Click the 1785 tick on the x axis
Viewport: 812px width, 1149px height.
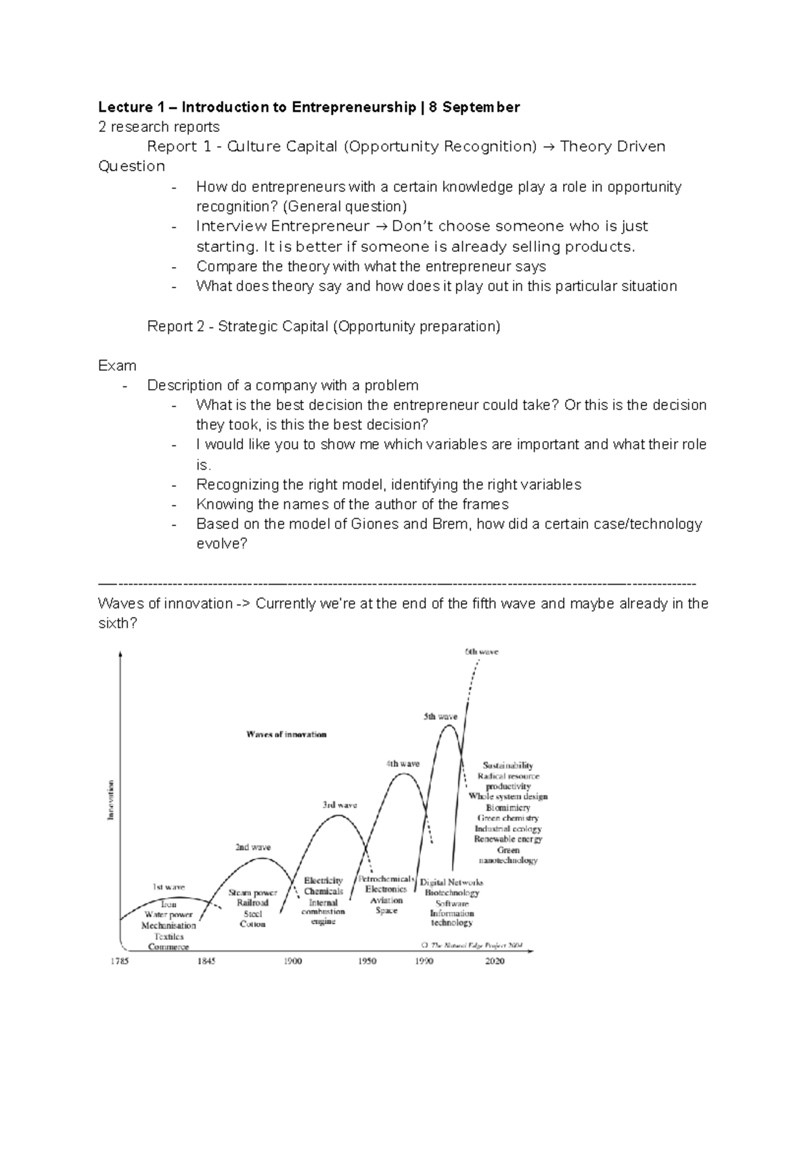pyautogui.click(x=120, y=961)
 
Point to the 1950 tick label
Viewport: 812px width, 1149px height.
pyautogui.click(x=367, y=961)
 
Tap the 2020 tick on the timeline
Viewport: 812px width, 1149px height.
pyautogui.click(x=495, y=961)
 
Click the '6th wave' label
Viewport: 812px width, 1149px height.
pyautogui.click(x=481, y=652)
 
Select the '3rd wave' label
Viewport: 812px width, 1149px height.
pyautogui.click(x=340, y=805)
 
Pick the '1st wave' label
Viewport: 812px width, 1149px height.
pyautogui.click(x=168, y=886)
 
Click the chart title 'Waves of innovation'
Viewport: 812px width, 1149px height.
pyautogui.click(x=286, y=734)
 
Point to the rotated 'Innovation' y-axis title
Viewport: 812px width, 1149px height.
pyautogui.click(x=111, y=800)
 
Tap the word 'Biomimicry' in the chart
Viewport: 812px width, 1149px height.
pyautogui.click(x=507, y=807)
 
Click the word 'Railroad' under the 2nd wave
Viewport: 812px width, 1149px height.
pyautogui.click(x=252, y=903)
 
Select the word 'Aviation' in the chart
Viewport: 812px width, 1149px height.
pyautogui.click(x=386, y=900)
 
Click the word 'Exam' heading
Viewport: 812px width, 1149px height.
pyautogui.click(x=117, y=366)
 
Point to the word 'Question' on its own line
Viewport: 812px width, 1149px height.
pyautogui.click(x=131, y=166)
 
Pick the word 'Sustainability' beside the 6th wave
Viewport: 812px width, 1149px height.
pyautogui.click(x=507, y=765)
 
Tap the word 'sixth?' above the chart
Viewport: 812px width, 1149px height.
pyautogui.click(x=117, y=623)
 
